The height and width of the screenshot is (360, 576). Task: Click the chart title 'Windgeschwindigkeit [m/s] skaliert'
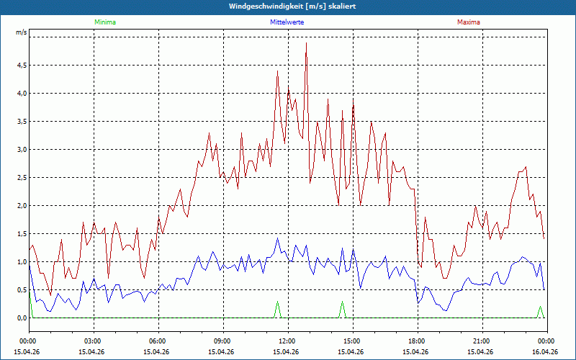288,6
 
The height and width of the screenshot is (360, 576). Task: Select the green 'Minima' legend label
104,22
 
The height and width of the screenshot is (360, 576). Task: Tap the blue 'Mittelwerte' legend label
287,22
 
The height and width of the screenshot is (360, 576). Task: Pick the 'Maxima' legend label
468,22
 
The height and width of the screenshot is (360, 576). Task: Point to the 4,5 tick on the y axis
21,65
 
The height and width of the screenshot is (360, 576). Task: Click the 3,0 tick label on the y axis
21,149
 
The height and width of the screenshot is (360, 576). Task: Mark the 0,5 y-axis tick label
21,290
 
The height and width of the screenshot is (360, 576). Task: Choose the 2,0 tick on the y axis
21,206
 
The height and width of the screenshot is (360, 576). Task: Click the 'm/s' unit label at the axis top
21,32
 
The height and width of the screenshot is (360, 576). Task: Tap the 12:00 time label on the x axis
287,341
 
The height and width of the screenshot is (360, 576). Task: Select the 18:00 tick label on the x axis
416,341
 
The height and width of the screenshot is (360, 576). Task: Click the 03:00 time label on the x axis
92,341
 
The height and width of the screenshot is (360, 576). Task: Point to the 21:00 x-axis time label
481,341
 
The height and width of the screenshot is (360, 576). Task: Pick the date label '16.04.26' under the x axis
545,352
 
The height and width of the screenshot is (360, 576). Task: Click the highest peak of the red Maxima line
306,43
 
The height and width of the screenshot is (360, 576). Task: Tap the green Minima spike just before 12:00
277,303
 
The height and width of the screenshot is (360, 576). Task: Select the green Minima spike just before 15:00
342,303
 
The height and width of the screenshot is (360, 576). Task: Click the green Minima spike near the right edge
540,307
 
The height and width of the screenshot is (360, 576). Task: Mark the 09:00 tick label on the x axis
222,341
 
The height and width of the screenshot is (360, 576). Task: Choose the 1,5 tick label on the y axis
21,234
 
